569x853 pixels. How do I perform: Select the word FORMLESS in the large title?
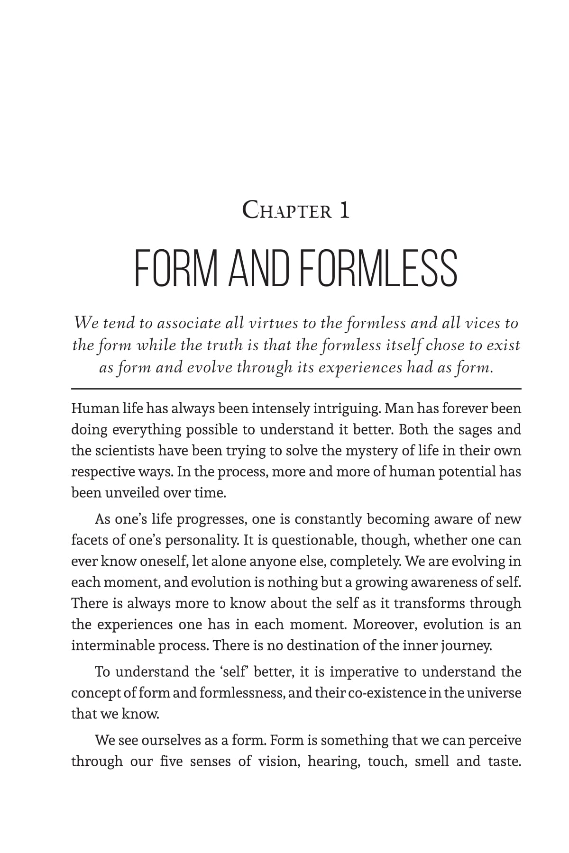tap(379, 269)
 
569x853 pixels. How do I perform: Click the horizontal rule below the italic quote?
tap(296, 389)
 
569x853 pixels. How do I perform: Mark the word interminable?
tap(112, 645)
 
